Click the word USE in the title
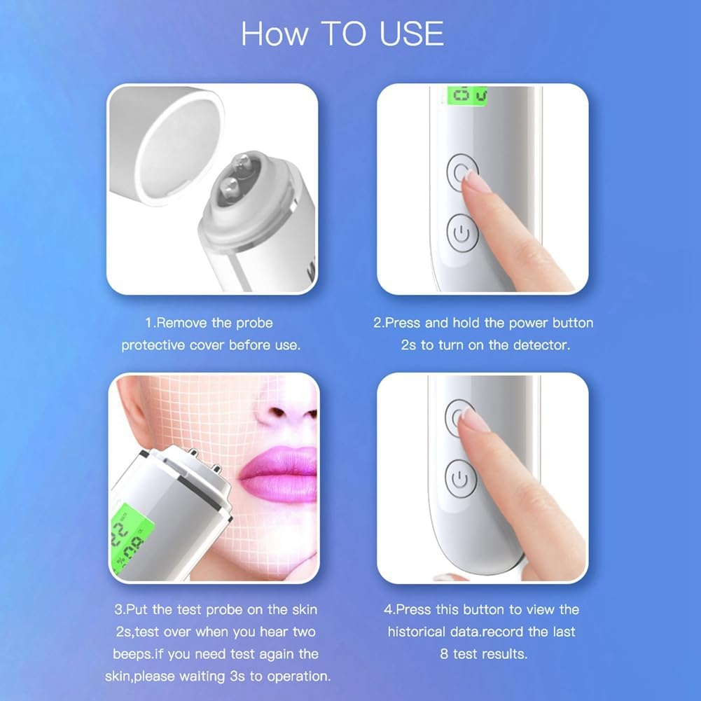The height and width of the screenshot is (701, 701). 412,34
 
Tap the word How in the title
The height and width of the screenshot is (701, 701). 273,34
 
